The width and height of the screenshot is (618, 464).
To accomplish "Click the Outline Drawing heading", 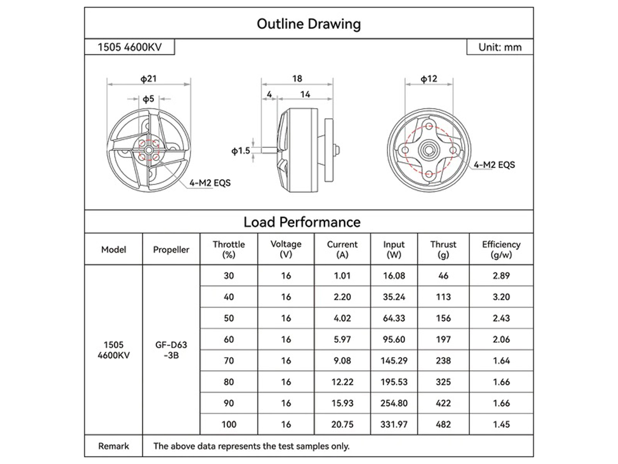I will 309,24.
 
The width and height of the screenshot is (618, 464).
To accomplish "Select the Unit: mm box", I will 500,47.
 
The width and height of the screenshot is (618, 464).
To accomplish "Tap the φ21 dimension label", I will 148,79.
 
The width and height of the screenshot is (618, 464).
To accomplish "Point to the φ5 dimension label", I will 148,99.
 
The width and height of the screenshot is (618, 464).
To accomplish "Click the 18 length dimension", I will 297,79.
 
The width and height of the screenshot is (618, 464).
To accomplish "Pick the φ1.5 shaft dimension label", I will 241,151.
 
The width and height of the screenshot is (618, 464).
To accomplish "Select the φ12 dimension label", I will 428,79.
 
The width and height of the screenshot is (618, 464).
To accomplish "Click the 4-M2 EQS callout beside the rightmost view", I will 494,165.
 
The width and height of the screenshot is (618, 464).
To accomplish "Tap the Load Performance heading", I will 302,222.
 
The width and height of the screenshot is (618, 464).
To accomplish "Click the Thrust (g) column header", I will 443,249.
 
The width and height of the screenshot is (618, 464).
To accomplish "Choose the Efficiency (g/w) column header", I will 501,249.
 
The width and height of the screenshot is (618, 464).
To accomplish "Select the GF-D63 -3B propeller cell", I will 171,350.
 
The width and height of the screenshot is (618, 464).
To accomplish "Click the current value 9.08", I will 342,361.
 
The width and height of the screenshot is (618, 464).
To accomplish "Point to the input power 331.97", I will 394,425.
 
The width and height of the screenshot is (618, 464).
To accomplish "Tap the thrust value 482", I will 443,425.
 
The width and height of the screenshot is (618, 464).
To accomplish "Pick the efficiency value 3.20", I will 501,297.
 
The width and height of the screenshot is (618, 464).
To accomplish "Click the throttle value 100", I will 229,425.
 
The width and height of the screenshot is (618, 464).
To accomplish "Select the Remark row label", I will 114,446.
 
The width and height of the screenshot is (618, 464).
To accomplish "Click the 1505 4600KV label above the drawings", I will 130,47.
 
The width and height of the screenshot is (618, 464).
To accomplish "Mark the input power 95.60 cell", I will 394,339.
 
